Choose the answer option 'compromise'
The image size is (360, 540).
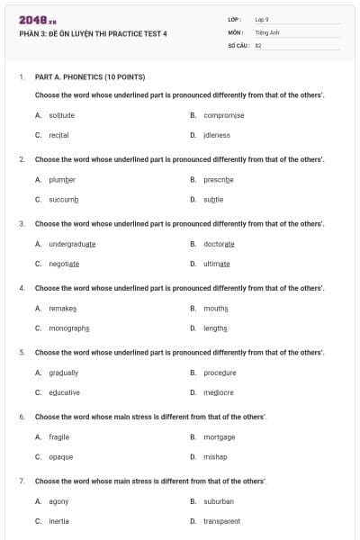click(223, 115)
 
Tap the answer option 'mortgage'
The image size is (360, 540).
click(219, 436)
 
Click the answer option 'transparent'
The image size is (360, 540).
click(221, 520)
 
